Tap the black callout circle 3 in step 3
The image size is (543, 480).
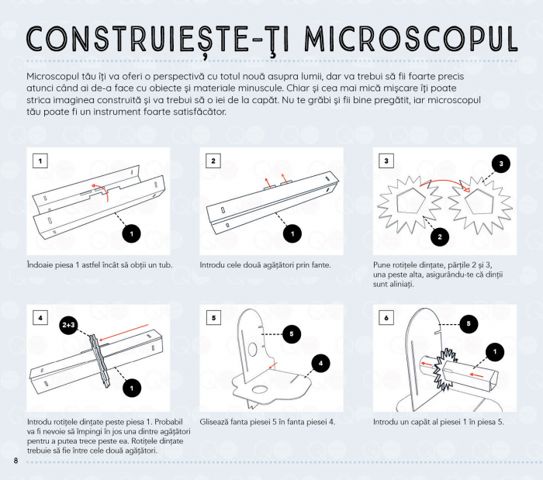point(501,164)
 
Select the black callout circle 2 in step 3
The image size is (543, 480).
point(438,237)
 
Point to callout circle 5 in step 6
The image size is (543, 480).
point(468,324)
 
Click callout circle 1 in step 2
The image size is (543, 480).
point(292,233)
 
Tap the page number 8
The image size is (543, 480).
point(16,462)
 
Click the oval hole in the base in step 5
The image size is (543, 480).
point(259,385)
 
